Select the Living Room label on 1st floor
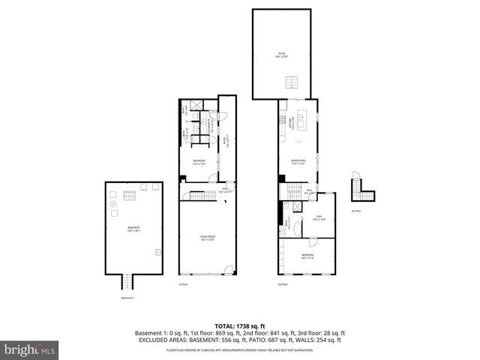[207, 239]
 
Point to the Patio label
[282, 54]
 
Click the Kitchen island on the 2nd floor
[302, 119]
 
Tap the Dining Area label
[298, 161]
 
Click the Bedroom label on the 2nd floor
[307, 256]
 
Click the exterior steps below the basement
[127, 283]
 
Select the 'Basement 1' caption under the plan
[130, 298]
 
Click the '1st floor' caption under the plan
[183, 284]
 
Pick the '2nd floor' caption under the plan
[282, 284]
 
